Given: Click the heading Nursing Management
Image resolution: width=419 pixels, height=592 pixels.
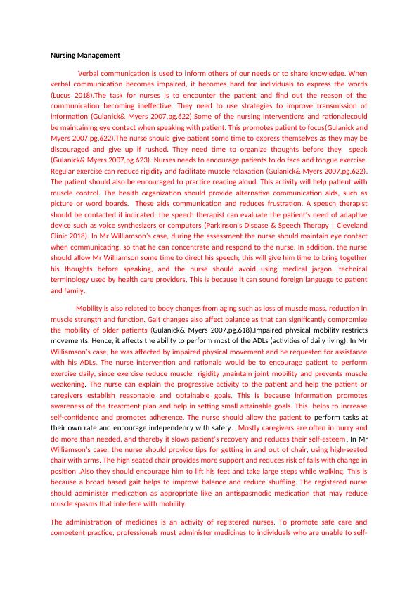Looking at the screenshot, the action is (86, 55).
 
